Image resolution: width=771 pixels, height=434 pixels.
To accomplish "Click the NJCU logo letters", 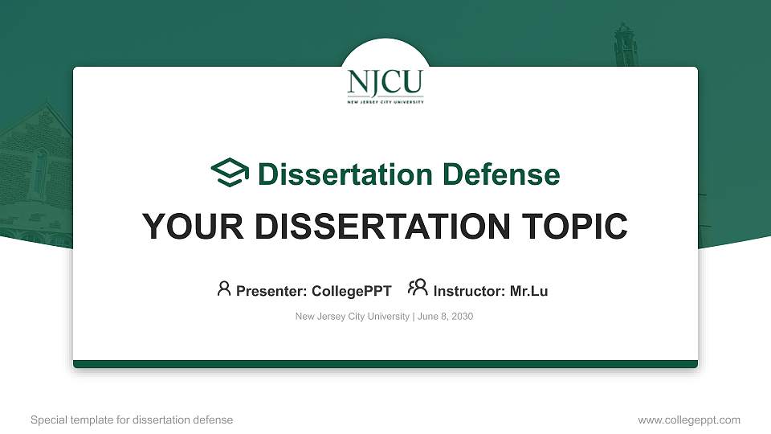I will pos(385,82).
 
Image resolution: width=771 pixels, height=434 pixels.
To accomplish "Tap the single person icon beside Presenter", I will pos(224,289).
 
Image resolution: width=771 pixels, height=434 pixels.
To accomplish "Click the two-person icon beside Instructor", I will pos(418,289).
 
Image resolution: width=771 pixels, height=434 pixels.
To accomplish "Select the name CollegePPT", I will pos(351,291).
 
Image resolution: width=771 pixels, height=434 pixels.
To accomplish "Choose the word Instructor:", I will pos(470,291).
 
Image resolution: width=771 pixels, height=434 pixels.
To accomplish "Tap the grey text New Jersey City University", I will pos(353,317).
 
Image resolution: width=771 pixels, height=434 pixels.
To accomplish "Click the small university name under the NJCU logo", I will pos(385,102).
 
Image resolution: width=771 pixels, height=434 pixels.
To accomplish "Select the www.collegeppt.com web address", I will pos(688,420).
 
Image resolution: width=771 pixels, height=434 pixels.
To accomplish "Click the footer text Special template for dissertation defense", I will pos(132,420).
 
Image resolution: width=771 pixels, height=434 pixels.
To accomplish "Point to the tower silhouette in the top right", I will pos(625,48).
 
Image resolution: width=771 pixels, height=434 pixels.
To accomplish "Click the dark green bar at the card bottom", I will pos(385,364).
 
